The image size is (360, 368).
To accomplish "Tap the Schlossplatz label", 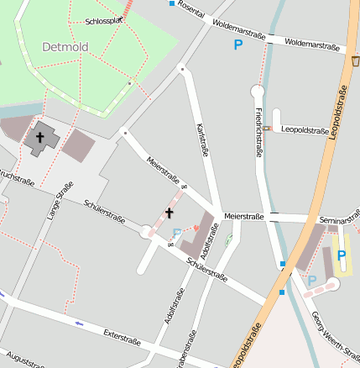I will (105, 20).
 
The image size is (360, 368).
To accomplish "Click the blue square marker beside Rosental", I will (172, 4).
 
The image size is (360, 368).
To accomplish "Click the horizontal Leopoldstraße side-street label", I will (305, 130).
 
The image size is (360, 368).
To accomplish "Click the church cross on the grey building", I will (39, 136).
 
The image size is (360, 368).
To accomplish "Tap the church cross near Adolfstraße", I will (169, 213).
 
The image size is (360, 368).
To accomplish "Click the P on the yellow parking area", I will (341, 255).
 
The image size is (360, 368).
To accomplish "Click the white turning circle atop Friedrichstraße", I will (257, 91).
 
